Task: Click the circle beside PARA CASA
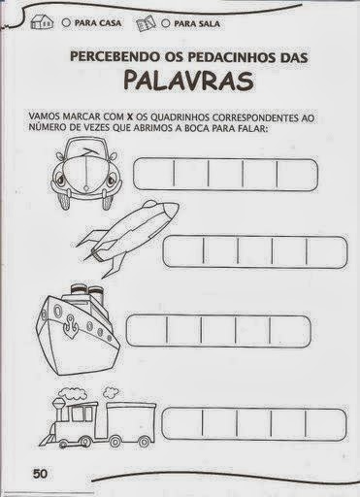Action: tap(66, 23)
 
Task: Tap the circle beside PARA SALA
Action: tap(166, 23)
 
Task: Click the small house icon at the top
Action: tap(42, 22)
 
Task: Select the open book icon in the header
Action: tap(147, 24)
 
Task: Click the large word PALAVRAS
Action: tap(189, 81)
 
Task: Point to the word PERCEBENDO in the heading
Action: tap(114, 57)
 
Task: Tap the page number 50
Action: tap(40, 474)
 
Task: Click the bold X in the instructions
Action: tap(131, 116)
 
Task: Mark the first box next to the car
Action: tap(153, 174)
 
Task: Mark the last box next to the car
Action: tap(298, 174)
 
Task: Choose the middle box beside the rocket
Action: tap(254, 251)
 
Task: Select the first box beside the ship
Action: tap(147, 331)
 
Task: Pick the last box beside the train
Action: tap(326, 423)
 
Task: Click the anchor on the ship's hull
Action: tap(70, 325)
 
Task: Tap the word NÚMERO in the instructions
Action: tap(43, 128)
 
